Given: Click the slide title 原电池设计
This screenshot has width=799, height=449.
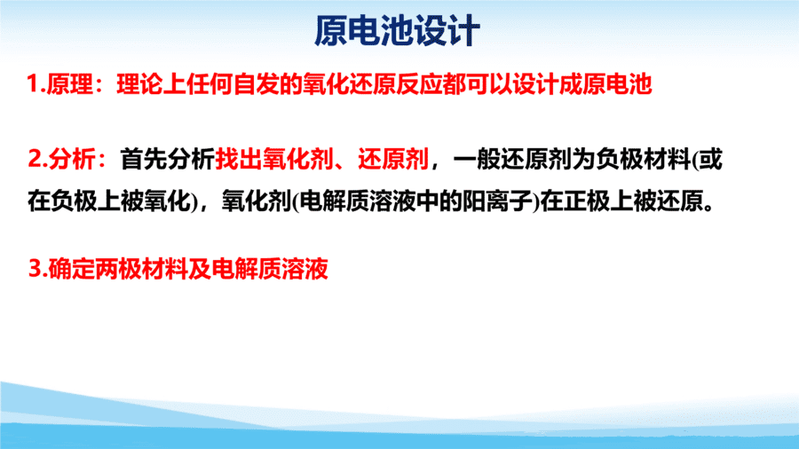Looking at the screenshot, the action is pyautogui.click(x=397, y=31).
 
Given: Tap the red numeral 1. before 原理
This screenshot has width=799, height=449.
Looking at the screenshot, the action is pyautogui.click(x=36, y=84).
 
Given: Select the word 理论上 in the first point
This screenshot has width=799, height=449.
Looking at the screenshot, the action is pyautogui.click(x=151, y=84).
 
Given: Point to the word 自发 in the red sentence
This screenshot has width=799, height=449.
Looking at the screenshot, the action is pyautogui.click(x=256, y=84).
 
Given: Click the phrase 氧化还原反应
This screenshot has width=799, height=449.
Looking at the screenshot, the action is pyautogui.click(x=371, y=84).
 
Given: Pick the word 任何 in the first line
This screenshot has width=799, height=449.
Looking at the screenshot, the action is pyautogui.click(x=210, y=84).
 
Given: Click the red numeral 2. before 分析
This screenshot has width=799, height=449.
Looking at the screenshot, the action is pyautogui.click(x=37, y=160).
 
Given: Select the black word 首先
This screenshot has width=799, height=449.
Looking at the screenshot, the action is pyautogui.click(x=143, y=160).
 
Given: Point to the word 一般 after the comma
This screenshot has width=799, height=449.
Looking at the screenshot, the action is pyautogui.click(x=476, y=160).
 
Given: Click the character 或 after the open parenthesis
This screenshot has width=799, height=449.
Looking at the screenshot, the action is pyautogui.click(x=711, y=160).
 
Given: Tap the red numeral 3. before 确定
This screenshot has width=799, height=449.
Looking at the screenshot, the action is pyautogui.click(x=37, y=269).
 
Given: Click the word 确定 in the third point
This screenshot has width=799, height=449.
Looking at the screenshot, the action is pyautogui.click(x=71, y=269).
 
